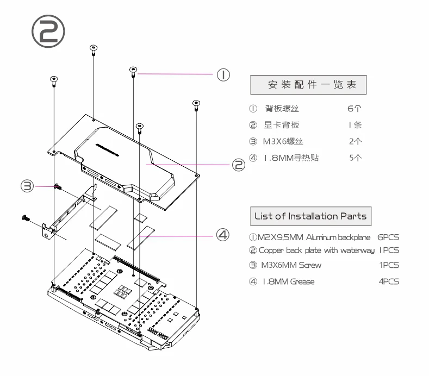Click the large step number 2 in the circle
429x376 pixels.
(48, 31)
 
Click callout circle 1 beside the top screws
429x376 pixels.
(223, 74)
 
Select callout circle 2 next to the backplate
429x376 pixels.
(239, 165)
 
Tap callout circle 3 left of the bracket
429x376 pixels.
(27, 186)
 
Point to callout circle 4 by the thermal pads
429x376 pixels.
(223, 235)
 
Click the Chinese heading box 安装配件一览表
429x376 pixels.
(308, 85)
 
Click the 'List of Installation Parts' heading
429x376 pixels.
(311, 216)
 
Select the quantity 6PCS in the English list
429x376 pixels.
(388, 237)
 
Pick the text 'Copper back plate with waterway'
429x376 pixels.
(316, 250)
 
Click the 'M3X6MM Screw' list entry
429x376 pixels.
(291, 265)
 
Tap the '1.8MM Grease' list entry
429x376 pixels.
(289, 281)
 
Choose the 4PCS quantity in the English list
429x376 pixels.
(389, 281)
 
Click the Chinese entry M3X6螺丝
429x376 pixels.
(283, 141)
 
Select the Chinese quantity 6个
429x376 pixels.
(355, 109)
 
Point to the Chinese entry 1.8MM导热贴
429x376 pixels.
(291, 158)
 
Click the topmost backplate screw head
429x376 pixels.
(94, 48)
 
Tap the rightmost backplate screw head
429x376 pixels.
(196, 103)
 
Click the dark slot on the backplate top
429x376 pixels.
(107, 149)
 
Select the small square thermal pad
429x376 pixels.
(141, 218)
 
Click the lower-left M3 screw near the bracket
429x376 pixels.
(26, 218)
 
